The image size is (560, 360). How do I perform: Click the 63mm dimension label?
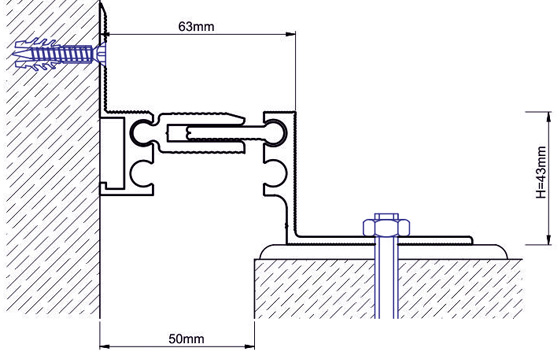[196, 26]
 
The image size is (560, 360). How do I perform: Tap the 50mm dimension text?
[186, 339]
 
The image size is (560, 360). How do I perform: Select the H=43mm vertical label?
[541, 172]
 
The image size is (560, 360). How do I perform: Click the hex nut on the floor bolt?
[386, 227]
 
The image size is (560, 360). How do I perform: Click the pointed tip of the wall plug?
[14, 55]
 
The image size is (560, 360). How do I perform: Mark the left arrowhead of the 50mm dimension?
[105, 346]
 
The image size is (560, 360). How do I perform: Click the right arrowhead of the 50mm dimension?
[249, 346]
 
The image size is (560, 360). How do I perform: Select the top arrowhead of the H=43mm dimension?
[549, 117]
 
